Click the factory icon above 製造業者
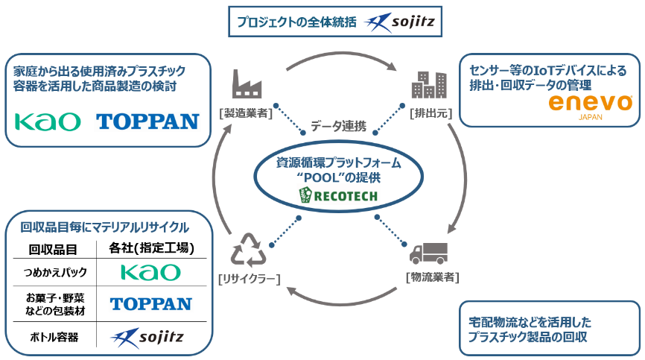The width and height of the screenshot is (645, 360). [x=247, y=83]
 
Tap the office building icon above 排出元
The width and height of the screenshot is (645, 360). [x=428, y=83]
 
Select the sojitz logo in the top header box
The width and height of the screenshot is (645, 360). [x=403, y=22]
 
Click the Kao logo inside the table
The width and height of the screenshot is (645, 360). [x=151, y=271]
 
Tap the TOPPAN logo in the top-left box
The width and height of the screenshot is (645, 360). [x=148, y=121]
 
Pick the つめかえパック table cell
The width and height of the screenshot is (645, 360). [x=54, y=271]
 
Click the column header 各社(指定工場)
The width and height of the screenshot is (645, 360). [x=152, y=248]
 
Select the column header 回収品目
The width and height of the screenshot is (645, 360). [x=53, y=249]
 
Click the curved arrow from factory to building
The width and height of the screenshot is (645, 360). [x=339, y=54]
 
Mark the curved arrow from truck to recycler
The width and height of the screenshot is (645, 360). [x=339, y=304]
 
